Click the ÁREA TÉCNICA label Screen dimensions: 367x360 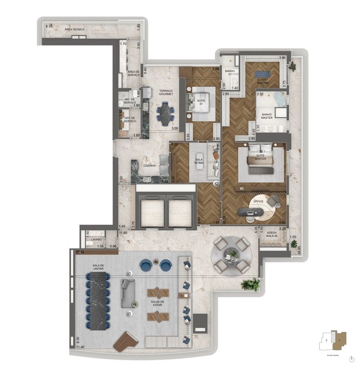coord(74,29)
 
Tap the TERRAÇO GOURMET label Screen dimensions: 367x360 coord(166,93)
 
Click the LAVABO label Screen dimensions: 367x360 coord(96,239)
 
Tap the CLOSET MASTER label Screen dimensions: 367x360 coord(262,81)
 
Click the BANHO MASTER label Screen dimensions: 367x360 coord(267,116)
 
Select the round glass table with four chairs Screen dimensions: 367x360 coord(231,256)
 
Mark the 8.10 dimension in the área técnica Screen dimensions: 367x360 coord(49,27)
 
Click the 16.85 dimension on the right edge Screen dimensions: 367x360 coord(299,251)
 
